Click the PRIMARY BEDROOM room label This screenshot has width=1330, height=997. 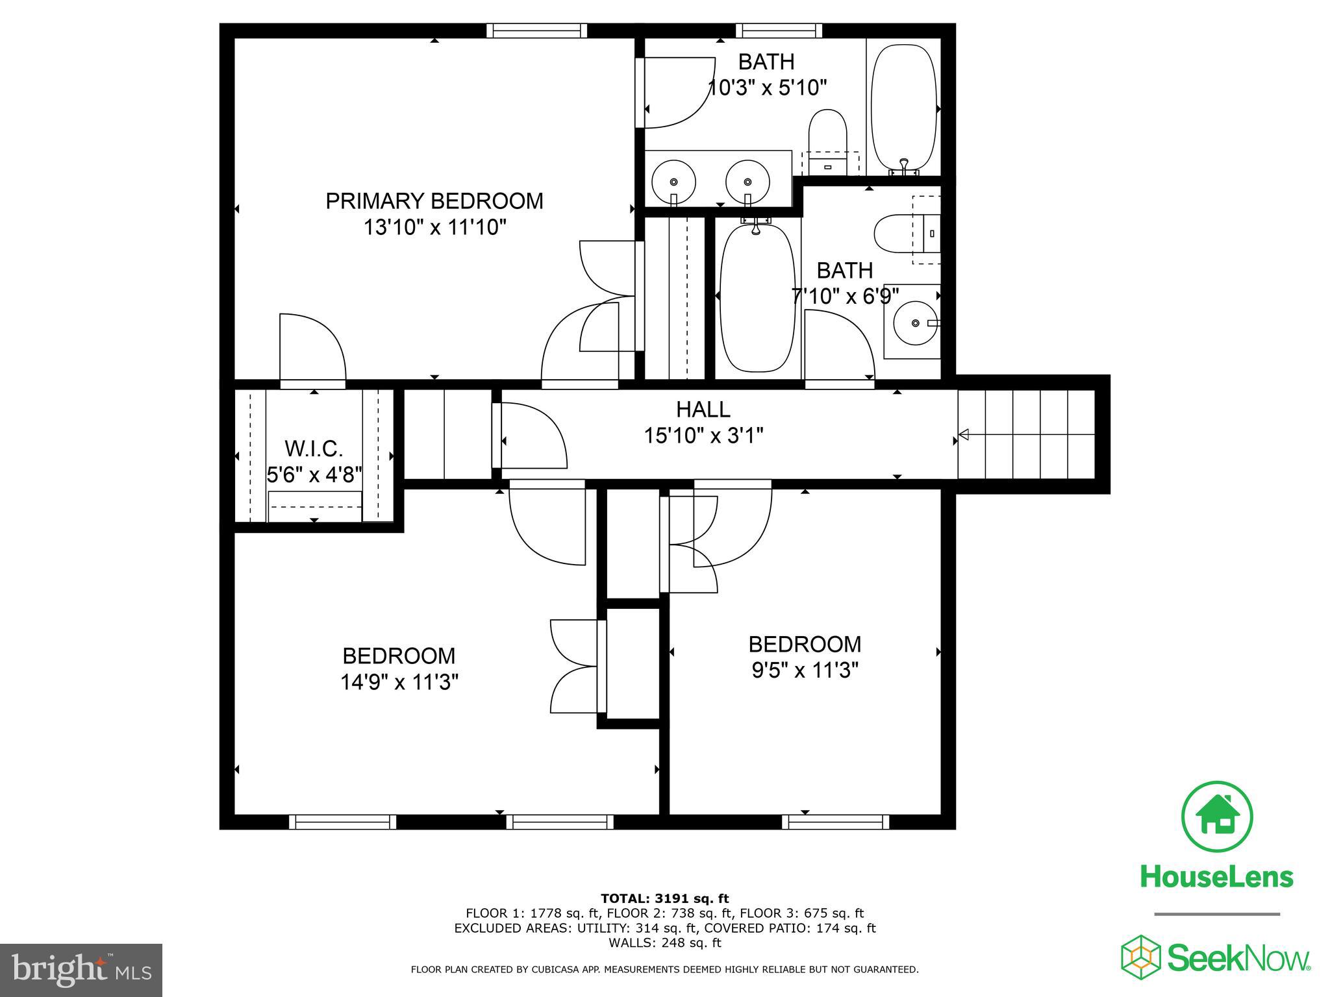[434, 201]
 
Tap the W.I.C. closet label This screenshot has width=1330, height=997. [314, 449]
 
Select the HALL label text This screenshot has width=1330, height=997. [703, 410]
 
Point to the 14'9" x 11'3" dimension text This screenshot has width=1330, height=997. [399, 682]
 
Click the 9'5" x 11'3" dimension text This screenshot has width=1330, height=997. [805, 670]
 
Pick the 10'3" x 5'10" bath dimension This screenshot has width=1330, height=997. [766, 88]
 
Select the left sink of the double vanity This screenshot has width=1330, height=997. [673, 182]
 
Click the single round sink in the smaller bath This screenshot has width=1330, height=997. [915, 323]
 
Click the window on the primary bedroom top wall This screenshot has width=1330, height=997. [536, 31]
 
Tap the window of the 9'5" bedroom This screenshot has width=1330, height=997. [835, 822]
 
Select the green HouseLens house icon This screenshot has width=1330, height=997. [1216, 817]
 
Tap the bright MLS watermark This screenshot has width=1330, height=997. [81, 970]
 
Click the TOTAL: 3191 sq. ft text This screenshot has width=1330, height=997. [664, 898]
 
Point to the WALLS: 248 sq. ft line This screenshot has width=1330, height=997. [664, 942]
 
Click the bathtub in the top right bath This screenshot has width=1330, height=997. [903, 107]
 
